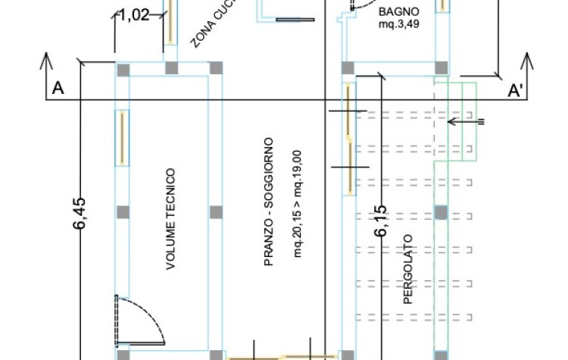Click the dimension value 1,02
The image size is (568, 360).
[135, 15]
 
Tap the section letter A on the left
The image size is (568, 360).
[57, 89]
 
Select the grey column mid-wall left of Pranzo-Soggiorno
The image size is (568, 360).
[216, 211]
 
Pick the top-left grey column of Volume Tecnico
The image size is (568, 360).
[123, 69]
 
